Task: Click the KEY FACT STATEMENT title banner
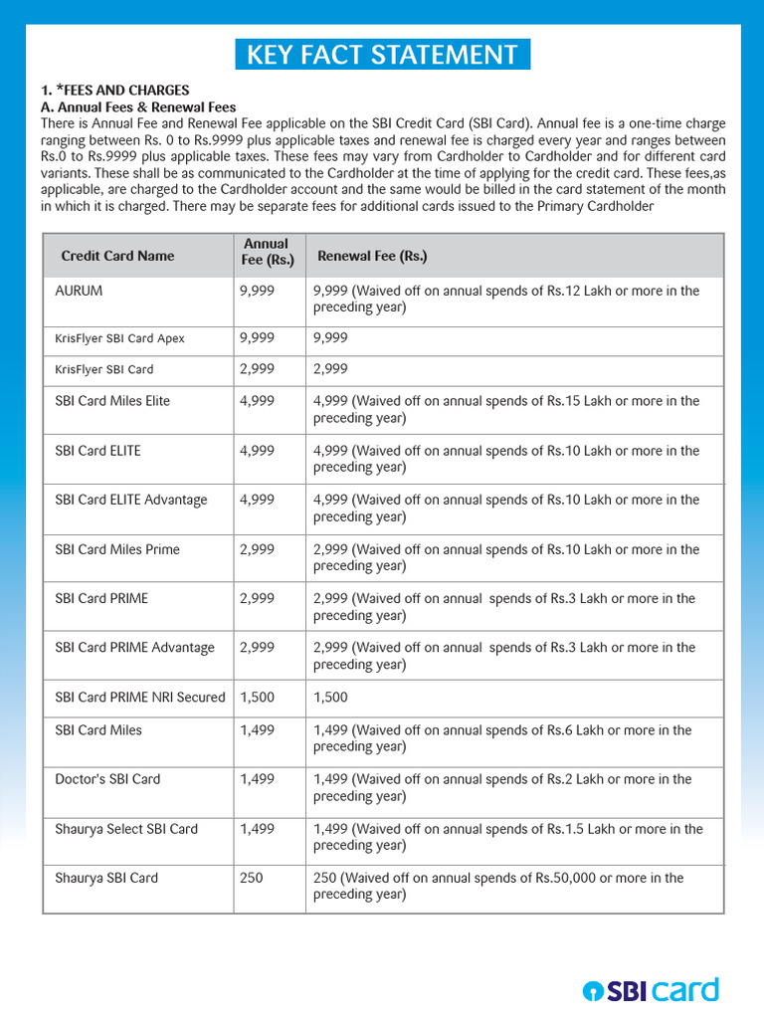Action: [x=382, y=55]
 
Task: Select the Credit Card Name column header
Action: [x=117, y=256]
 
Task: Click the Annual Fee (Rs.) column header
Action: [x=268, y=252]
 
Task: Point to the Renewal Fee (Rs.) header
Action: [x=372, y=256]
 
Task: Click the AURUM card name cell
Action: [x=79, y=291]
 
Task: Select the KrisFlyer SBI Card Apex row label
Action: [x=119, y=338]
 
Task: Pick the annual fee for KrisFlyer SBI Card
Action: [x=257, y=369]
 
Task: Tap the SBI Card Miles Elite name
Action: [x=112, y=401]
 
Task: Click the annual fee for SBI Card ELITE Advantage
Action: [x=257, y=500]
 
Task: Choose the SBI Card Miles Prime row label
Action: [x=117, y=549]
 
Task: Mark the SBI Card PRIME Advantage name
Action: [x=134, y=648]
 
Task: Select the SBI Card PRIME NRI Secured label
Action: [x=140, y=697]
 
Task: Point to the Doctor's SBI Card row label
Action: [x=107, y=779]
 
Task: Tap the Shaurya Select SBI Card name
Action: [x=126, y=829]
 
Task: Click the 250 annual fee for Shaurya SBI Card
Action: [x=252, y=878]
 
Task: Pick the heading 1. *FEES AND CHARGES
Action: [x=114, y=91]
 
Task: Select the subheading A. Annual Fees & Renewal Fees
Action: [x=137, y=106]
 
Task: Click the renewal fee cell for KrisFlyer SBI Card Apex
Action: [x=330, y=338]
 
